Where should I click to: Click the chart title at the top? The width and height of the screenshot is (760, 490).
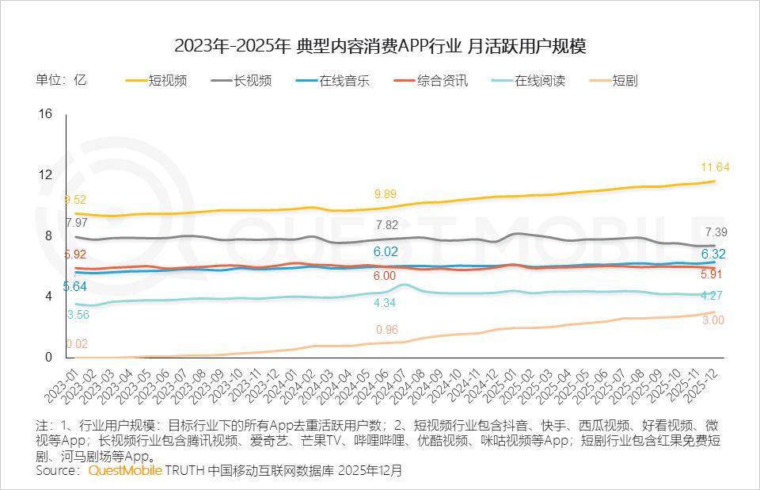point(380,47)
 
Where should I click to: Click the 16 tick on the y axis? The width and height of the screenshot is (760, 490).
point(45,114)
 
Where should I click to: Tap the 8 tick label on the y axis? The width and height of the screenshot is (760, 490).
point(48,235)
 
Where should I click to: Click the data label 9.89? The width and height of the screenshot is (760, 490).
point(385,194)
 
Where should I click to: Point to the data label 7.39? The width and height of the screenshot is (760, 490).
point(715,232)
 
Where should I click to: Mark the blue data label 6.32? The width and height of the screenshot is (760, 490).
point(714,255)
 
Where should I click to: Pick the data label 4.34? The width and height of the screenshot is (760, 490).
point(385,303)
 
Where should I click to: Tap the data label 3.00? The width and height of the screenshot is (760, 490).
point(713,320)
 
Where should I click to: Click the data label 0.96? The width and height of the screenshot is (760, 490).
point(386,330)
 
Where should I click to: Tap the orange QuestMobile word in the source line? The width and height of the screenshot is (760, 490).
point(125,470)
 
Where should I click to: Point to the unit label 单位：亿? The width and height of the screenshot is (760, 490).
point(60,80)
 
